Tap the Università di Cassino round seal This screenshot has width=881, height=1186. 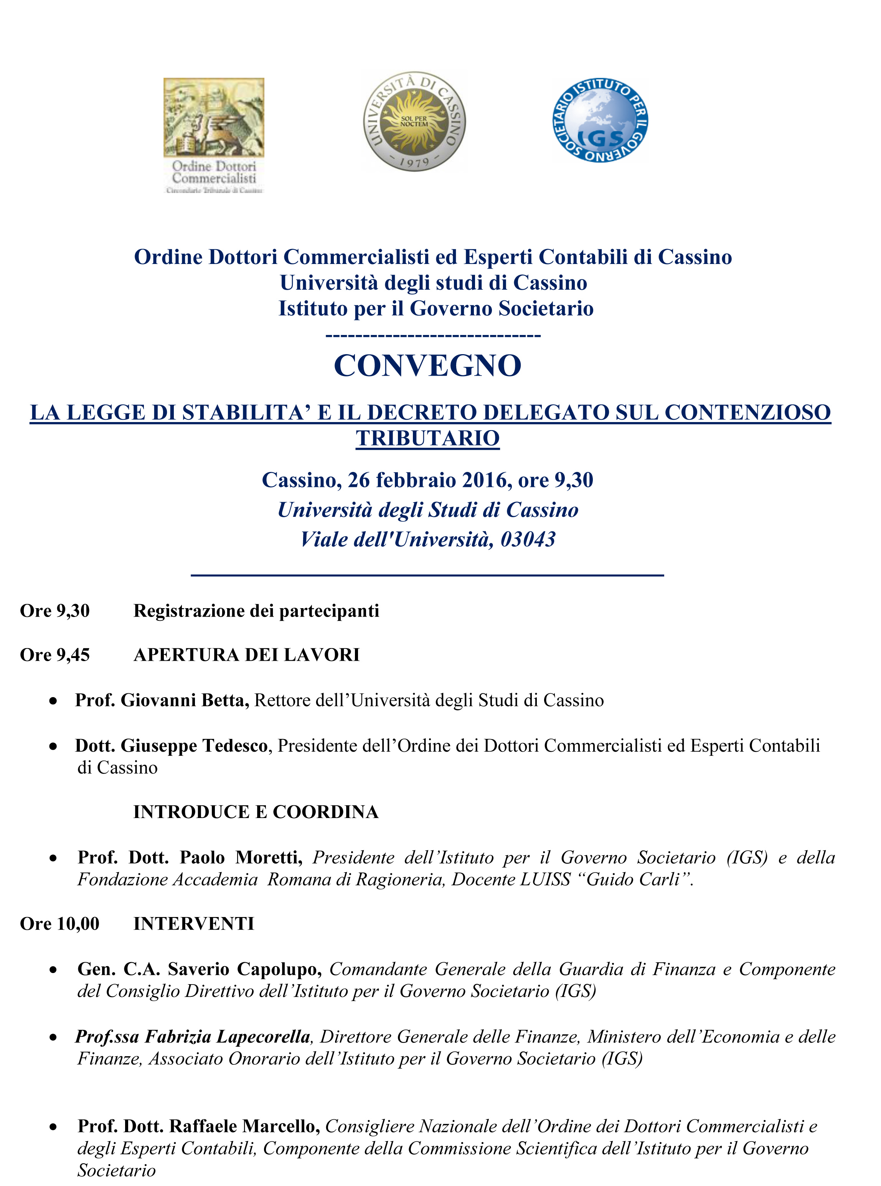point(414,121)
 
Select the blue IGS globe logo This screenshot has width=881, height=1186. point(600,120)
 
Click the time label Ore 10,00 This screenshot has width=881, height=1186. point(60,923)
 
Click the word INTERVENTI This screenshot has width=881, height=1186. point(194,923)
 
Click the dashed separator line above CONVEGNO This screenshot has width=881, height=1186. point(433,335)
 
